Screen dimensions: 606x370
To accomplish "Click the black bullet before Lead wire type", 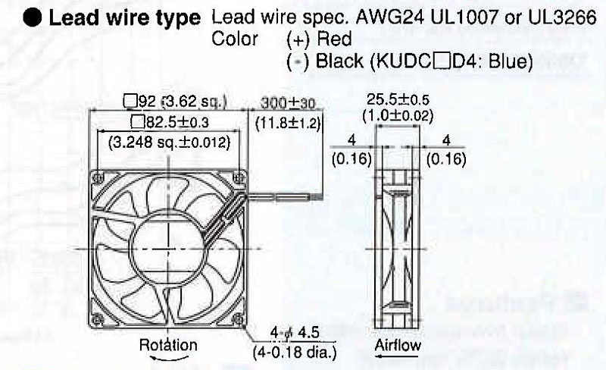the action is [x=32, y=18].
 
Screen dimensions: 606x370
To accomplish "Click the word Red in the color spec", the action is [x=334, y=39].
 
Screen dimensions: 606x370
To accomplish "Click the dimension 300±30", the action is [x=289, y=103].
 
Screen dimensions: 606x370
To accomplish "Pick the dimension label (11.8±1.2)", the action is [x=289, y=123].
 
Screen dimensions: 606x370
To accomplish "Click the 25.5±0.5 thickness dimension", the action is [x=398, y=100].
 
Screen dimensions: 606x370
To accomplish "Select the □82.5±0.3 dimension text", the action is [x=170, y=122].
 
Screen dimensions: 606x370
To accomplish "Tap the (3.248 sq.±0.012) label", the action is [x=169, y=143].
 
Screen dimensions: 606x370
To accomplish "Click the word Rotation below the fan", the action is [x=168, y=344].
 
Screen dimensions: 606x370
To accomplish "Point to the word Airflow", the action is [x=398, y=345].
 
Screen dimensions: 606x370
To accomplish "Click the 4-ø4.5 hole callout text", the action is [x=295, y=333].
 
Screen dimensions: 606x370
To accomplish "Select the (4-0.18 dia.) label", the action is [x=295, y=353].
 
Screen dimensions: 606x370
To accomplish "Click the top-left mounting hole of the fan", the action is [x=98, y=178].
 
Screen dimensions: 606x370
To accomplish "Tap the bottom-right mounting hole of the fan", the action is [x=238, y=319].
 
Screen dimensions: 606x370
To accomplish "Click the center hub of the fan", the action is [x=168, y=249].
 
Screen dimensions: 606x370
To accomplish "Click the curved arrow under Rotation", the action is [x=164, y=358].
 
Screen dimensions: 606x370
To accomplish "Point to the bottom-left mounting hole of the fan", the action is [x=98, y=319].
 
